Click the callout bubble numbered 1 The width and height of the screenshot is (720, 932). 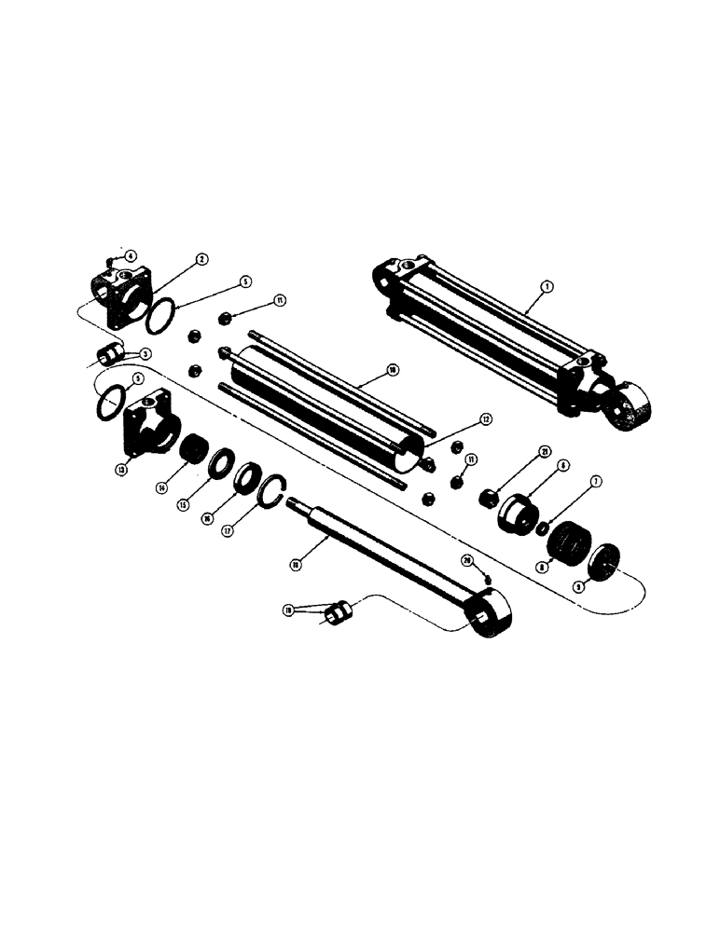point(548,288)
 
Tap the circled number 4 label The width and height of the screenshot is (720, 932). point(130,255)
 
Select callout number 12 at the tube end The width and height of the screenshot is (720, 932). point(485,420)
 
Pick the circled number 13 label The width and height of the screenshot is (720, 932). point(121,470)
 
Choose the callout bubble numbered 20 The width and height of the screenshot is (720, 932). point(468,560)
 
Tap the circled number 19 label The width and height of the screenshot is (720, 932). point(287,610)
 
